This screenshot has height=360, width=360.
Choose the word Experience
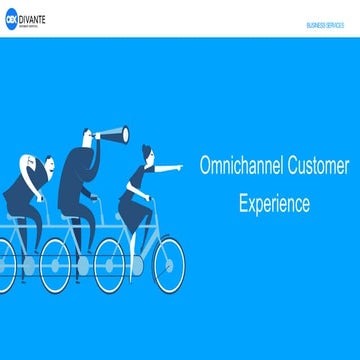(x=273, y=203)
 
